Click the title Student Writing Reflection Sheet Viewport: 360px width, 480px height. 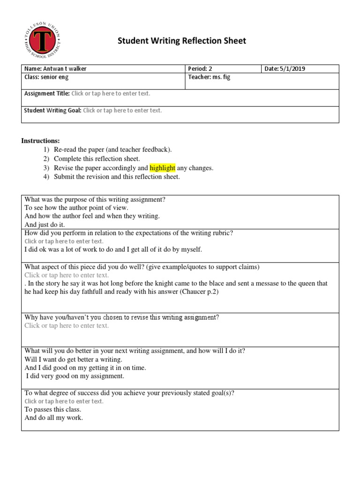(181, 41)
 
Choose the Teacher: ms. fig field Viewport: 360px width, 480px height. (209, 77)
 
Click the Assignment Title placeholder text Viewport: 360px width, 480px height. (111, 94)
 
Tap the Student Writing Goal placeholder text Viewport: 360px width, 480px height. (122, 111)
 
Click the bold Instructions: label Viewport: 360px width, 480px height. (40, 141)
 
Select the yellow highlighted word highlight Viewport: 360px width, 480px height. (162, 168)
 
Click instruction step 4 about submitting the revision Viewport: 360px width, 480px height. (117, 177)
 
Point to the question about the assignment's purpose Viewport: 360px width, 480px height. (95, 199)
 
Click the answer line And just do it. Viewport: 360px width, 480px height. (45, 225)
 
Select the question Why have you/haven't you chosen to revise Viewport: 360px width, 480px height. (121, 317)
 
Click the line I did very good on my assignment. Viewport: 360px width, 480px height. (75, 376)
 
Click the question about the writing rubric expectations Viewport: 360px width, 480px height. (128, 233)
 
